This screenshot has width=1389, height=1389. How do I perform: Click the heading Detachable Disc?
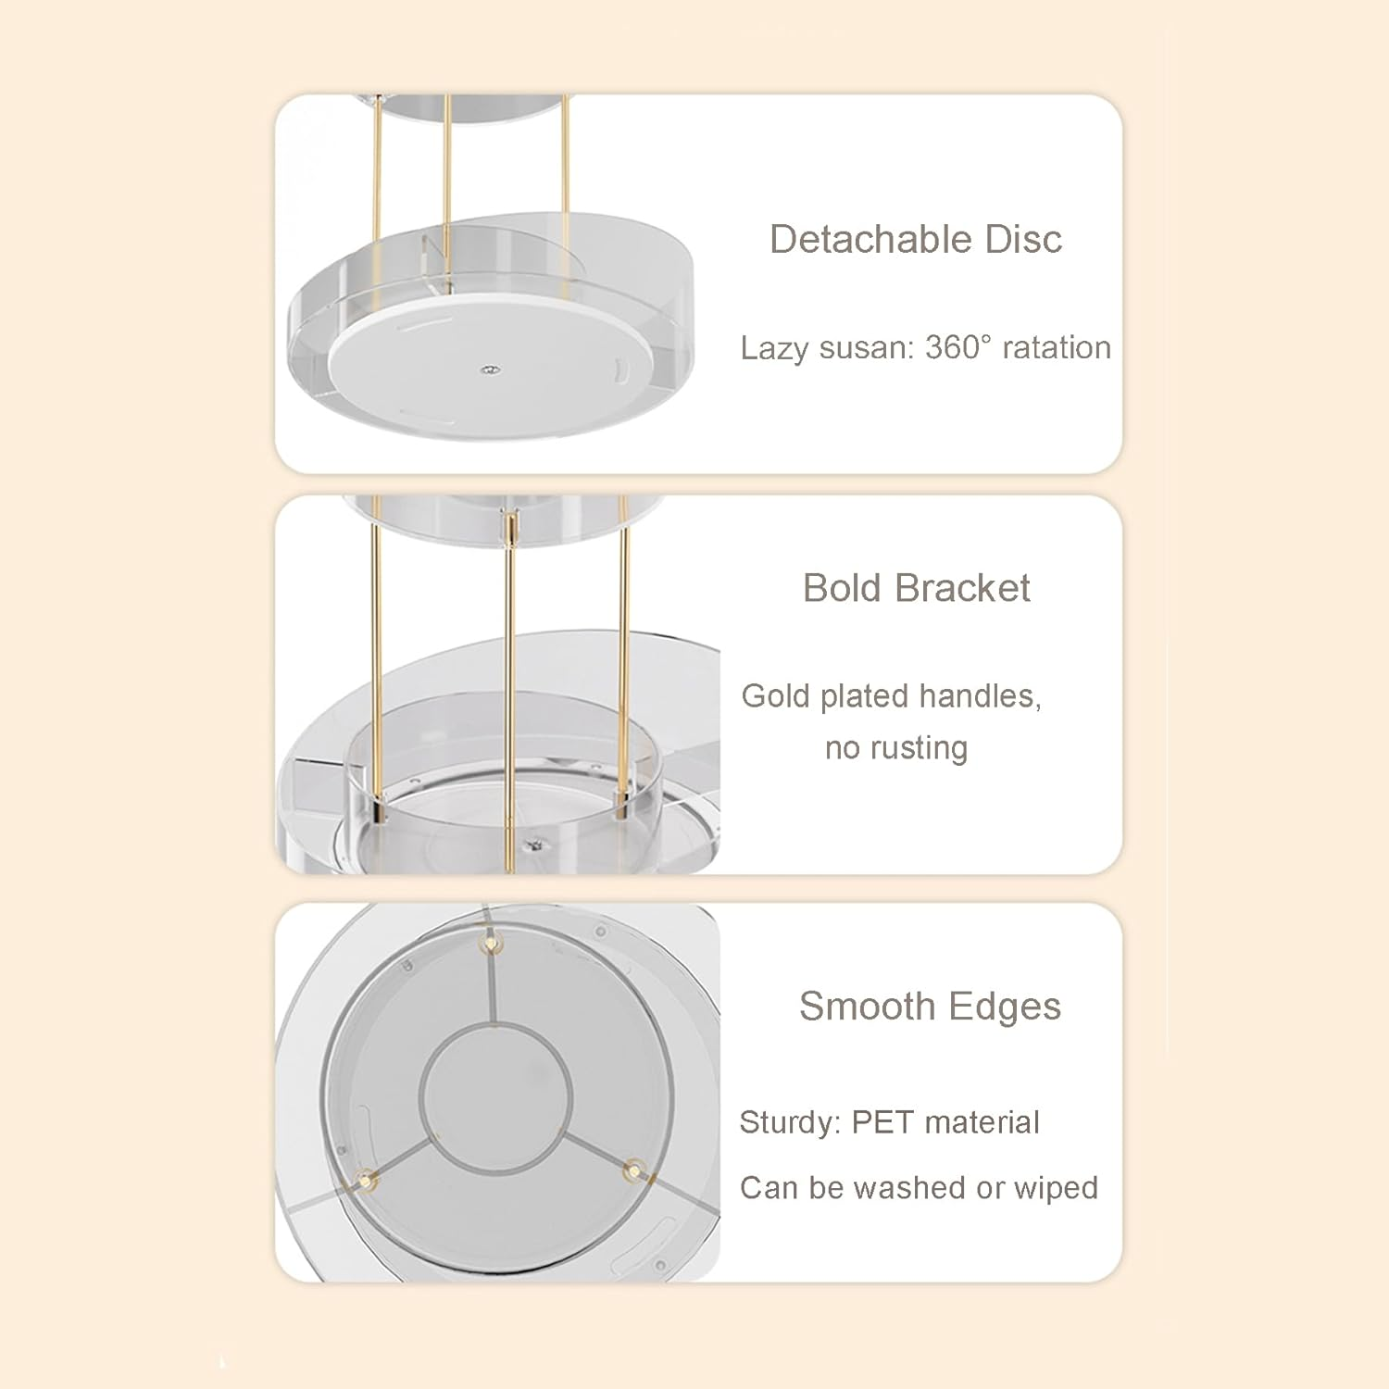pos(915,239)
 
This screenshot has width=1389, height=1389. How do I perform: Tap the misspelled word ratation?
pos(1057,347)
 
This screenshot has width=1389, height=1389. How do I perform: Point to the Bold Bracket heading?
pos(916,588)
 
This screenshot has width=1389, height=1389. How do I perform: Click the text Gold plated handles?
pos(890,695)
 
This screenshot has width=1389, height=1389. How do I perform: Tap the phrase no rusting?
pos(895,747)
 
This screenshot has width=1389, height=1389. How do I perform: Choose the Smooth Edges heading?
pos(929,1007)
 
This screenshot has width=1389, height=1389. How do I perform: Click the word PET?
pos(882,1122)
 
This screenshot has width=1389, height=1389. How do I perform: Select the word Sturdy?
pos(787,1122)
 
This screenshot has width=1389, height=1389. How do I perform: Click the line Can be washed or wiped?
pos(918,1187)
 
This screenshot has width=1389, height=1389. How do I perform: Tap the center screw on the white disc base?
pos(487,370)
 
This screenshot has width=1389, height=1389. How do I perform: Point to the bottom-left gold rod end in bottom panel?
pos(367,1179)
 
